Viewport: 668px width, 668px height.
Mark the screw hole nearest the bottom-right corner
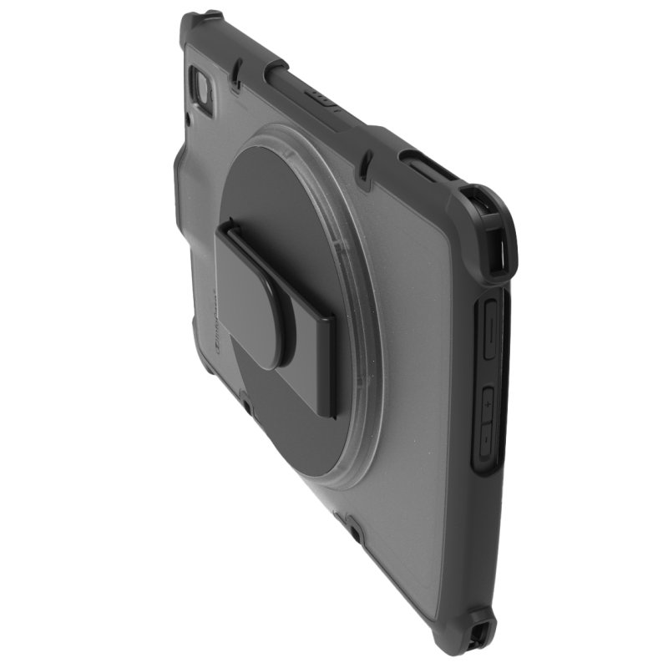point(354,529)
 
